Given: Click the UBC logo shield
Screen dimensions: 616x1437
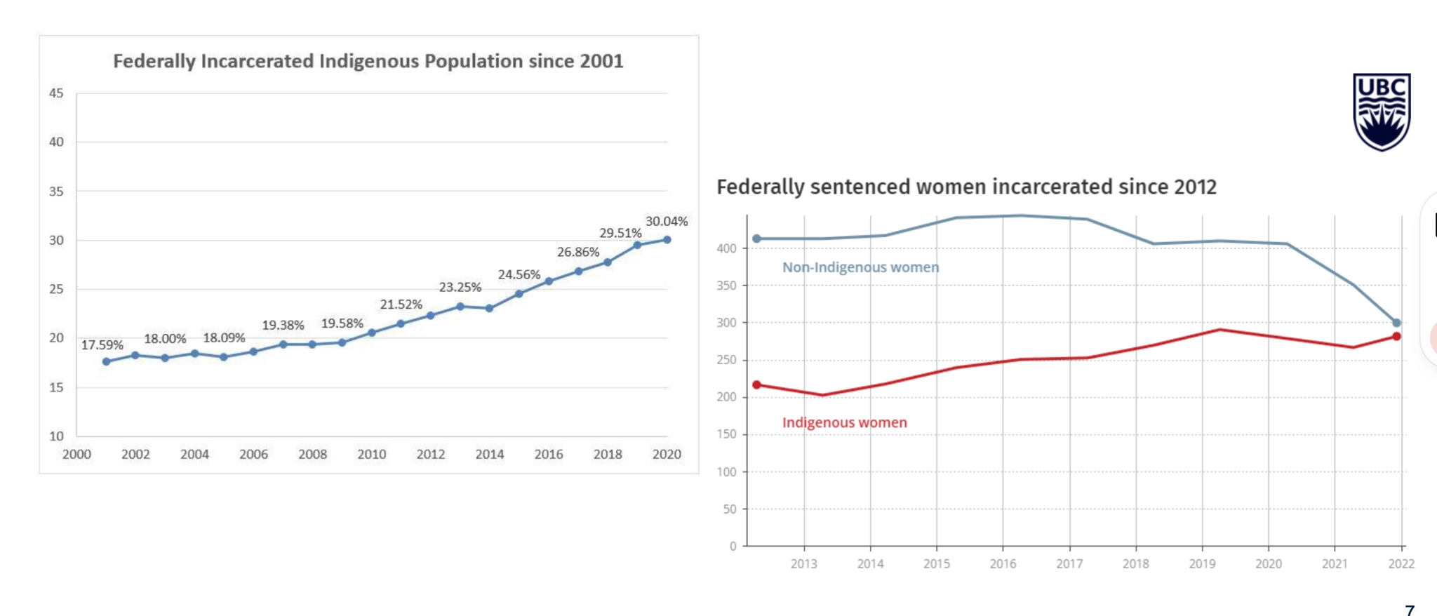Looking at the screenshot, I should tap(1381, 112).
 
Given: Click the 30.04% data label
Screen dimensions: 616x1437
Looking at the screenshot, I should tap(666, 221).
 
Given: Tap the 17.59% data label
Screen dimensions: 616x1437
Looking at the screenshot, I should tap(102, 344).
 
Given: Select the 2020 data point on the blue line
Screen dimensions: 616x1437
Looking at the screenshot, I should tap(667, 240).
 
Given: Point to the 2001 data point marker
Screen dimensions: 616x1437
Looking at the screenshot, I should tap(106, 362).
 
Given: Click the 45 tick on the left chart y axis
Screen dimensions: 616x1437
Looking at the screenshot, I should tap(56, 93).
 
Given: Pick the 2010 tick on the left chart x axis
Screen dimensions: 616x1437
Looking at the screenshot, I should tap(371, 454).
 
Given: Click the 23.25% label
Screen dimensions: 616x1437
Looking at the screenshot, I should tap(460, 287).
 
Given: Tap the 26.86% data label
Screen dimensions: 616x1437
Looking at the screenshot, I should tap(577, 252).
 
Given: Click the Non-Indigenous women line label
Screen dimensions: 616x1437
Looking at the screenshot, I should tap(860, 267).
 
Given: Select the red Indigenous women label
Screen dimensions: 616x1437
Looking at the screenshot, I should tap(844, 422).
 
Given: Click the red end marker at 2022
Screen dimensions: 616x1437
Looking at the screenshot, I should tap(1396, 337).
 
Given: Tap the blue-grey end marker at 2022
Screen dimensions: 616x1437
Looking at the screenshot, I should tap(1396, 323).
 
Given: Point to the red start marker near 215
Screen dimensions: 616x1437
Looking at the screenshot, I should tap(756, 385).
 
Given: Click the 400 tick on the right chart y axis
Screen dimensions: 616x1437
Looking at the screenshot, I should tap(726, 248).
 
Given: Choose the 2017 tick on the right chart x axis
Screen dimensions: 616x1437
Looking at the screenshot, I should tap(1069, 563).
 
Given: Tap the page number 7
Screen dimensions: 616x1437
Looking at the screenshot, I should tap(1410, 610).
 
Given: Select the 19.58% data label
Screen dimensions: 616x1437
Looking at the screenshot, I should tap(342, 323).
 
